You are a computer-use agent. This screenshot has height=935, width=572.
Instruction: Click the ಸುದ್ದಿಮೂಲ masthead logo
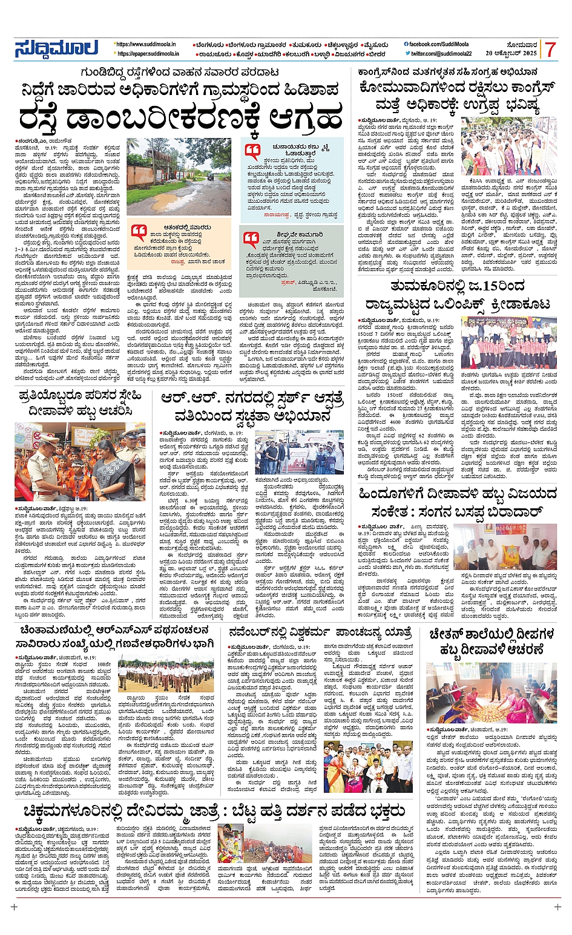pos(56,49)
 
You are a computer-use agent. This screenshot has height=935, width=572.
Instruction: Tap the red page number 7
pos(549,50)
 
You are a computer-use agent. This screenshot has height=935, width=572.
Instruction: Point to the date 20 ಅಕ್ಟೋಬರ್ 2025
pos(514,54)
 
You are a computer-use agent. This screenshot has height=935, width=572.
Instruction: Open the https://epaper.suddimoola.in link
pos(148,54)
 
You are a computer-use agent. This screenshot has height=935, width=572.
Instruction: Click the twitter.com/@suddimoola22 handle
pos(440,54)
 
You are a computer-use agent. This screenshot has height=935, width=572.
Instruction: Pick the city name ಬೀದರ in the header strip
pos(376,54)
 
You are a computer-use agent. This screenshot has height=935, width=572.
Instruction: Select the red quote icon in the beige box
pos(139,232)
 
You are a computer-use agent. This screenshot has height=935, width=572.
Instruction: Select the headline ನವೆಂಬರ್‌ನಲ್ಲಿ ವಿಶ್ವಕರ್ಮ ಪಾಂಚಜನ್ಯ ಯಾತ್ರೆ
pos(321,633)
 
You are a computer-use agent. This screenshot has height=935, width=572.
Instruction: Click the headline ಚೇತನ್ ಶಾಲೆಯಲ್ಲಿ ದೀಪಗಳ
pos(491,634)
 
